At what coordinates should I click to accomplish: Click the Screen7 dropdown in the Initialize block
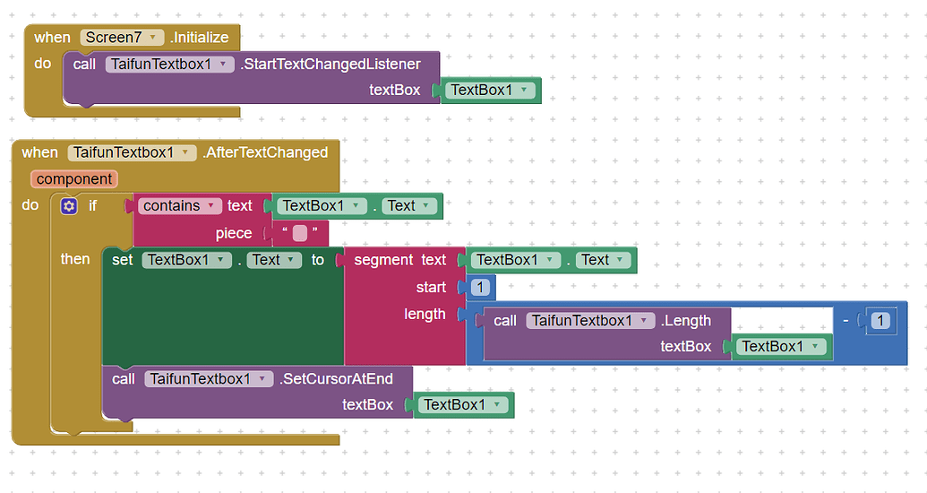(123, 38)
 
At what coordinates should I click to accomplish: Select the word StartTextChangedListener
(330, 64)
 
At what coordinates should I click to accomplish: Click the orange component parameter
(74, 179)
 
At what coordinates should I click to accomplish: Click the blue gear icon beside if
(69, 206)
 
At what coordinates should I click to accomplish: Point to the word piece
(234, 233)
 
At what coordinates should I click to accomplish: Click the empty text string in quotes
(300, 233)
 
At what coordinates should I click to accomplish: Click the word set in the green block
(123, 260)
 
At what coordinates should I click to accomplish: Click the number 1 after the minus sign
(881, 320)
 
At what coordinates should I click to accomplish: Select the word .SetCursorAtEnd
(336, 378)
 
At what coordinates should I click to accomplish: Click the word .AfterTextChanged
(265, 152)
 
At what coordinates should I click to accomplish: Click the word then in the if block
(75, 259)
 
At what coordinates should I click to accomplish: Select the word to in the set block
(318, 260)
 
